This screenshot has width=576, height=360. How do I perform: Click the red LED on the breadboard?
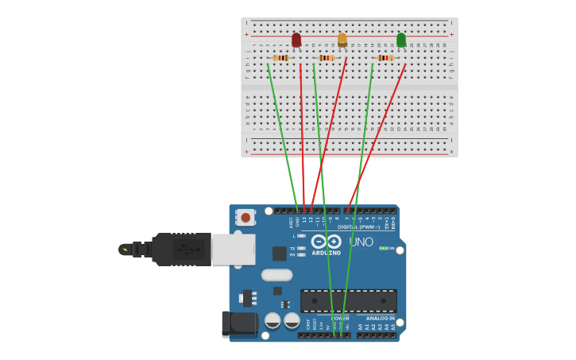click(296, 40)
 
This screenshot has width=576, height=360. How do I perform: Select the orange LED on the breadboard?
click(342, 39)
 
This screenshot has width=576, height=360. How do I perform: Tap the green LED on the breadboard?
click(401, 40)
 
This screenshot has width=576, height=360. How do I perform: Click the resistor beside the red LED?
click(280, 58)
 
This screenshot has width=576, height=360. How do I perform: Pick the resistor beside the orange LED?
click(327, 58)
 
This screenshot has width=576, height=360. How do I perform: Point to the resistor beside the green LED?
click(385, 58)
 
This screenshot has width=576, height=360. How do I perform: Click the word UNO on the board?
click(361, 242)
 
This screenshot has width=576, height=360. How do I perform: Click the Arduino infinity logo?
click(326, 242)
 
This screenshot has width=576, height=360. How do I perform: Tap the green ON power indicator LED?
click(384, 248)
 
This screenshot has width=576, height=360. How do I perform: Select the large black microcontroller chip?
click(348, 300)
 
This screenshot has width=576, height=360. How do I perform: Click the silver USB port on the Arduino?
click(234, 249)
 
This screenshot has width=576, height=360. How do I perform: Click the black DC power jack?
click(240, 323)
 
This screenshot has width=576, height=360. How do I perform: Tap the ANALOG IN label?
click(379, 318)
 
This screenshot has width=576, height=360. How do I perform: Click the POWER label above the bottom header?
click(340, 318)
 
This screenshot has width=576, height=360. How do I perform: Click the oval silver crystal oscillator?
click(276, 275)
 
